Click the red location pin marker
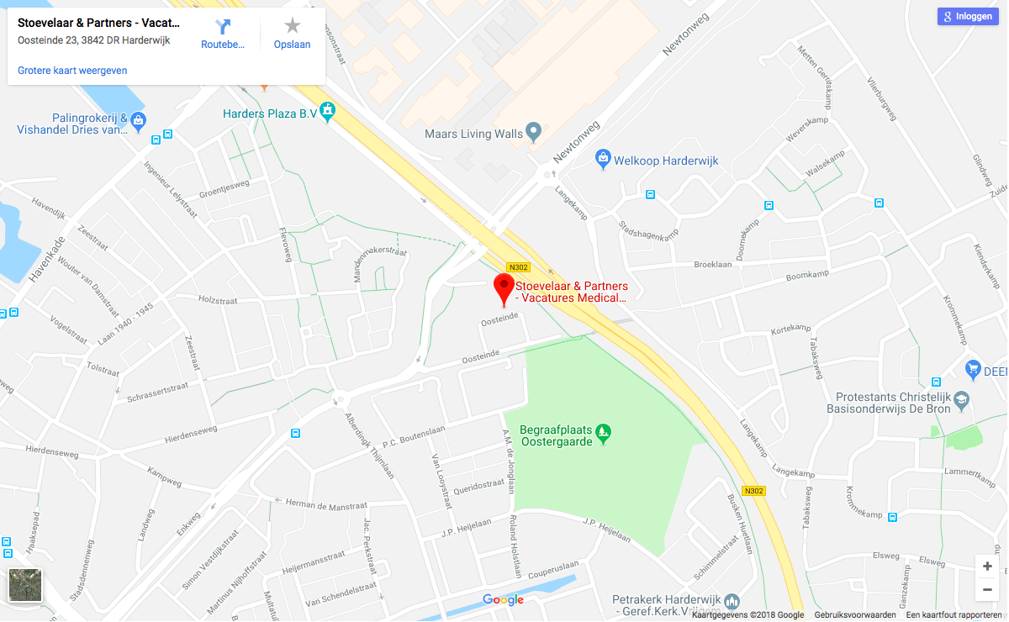click(x=504, y=287)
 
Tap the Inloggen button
click(x=969, y=16)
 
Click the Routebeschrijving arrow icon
click(x=223, y=27)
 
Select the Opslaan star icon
click(x=292, y=27)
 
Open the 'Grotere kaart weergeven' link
click(x=72, y=71)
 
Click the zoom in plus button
click(x=987, y=566)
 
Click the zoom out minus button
click(x=987, y=590)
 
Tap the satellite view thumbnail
click(x=25, y=585)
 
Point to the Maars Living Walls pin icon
click(x=532, y=131)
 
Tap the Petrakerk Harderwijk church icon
click(x=732, y=600)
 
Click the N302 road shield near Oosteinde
click(x=518, y=267)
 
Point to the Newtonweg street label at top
click(x=685, y=35)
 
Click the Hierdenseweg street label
click(x=192, y=433)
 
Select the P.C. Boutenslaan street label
click(x=413, y=436)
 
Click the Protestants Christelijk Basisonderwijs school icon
click(x=962, y=398)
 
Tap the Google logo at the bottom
click(x=503, y=600)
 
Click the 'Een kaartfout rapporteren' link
click(x=954, y=615)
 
